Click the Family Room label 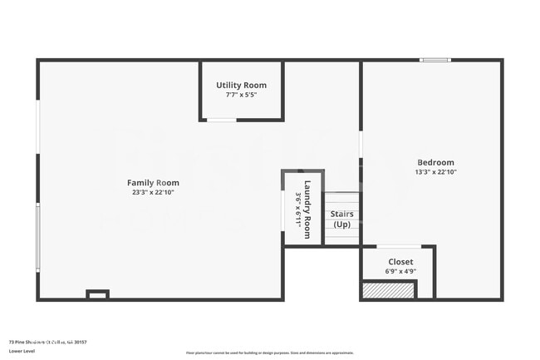click(x=153, y=183)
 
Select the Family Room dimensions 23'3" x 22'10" click(x=153, y=193)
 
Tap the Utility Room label click(x=241, y=86)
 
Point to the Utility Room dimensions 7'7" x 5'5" click(x=241, y=95)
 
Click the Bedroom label click(x=435, y=162)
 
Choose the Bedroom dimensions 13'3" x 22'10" click(x=435, y=172)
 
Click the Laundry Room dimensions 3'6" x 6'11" click(x=297, y=208)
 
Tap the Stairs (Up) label click(x=342, y=219)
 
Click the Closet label click(x=400, y=262)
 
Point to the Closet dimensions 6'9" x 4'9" click(x=400, y=272)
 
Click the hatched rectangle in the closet click(x=388, y=290)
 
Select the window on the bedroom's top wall click(x=434, y=60)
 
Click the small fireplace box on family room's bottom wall click(x=98, y=293)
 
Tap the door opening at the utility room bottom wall click(x=221, y=121)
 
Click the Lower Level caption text click(x=22, y=351)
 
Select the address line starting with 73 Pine click(x=47, y=341)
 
